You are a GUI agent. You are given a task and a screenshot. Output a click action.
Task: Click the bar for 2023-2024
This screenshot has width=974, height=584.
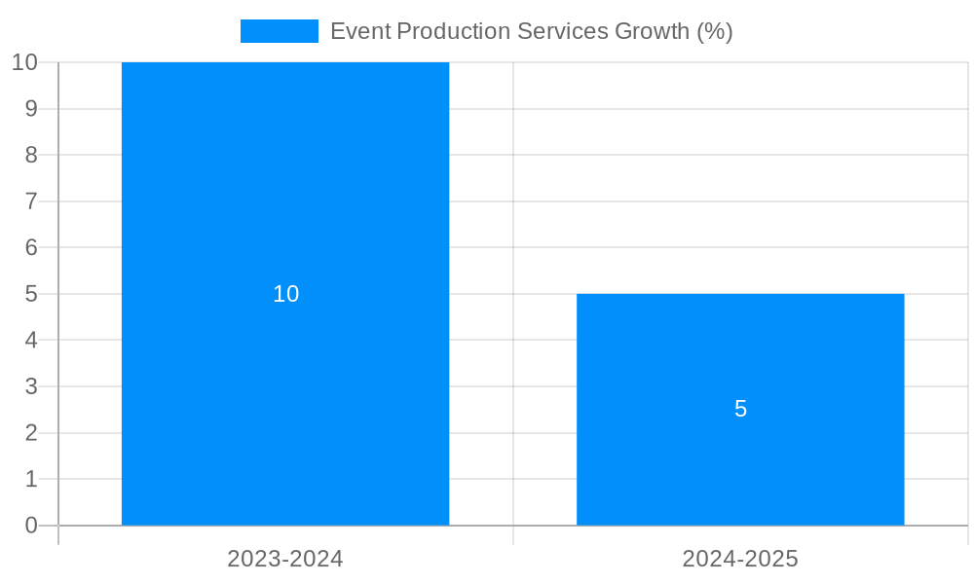pyautogui.click(x=285, y=195)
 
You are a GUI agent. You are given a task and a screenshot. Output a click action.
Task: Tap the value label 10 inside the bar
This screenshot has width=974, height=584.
pyautogui.click(x=285, y=294)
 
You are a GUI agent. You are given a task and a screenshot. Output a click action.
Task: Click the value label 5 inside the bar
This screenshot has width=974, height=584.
pyautogui.click(x=740, y=410)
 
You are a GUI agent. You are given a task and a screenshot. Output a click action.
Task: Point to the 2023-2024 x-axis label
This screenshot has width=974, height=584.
pyautogui.click(x=285, y=559)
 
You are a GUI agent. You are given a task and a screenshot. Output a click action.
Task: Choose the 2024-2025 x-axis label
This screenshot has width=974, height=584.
pyautogui.click(x=740, y=559)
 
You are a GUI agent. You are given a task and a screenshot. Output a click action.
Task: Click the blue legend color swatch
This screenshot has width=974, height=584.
pyautogui.click(x=280, y=31)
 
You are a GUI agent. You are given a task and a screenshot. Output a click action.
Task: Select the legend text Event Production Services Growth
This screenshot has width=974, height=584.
pyautogui.click(x=531, y=31)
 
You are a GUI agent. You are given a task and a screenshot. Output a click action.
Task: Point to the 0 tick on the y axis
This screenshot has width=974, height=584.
pyautogui.click(x=31, y=526)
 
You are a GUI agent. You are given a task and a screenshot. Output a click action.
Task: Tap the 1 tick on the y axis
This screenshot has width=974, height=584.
pyautogui.click(x=31, y=479)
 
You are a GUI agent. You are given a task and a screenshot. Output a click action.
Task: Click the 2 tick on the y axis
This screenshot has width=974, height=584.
pyautogui.click(x=31, y=433)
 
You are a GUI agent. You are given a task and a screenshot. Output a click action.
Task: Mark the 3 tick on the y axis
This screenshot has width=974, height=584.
pyautogui.click(x=31, y=386)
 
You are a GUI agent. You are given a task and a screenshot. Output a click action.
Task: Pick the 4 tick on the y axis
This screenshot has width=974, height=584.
pyautogui.click(x=31, y=341)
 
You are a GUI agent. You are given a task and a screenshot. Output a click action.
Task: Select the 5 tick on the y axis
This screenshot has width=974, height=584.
pyautogui.click(x=31, y=294)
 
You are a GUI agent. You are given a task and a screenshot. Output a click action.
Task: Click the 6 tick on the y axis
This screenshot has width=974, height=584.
pyautogui.click(x=31, y=247)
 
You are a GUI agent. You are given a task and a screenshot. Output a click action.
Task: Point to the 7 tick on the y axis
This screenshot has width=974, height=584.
pyautogui.click(x=31, y=201)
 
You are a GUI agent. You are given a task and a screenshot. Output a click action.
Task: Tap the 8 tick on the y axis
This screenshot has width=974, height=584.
pyautogui.click(x=31, y=155)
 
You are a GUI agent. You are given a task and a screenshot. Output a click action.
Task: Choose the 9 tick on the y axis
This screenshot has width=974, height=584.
pyautogui.click(x=31, y=109)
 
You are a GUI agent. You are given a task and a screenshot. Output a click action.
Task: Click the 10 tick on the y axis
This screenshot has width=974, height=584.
pyautogui.click(x=24, y=62)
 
